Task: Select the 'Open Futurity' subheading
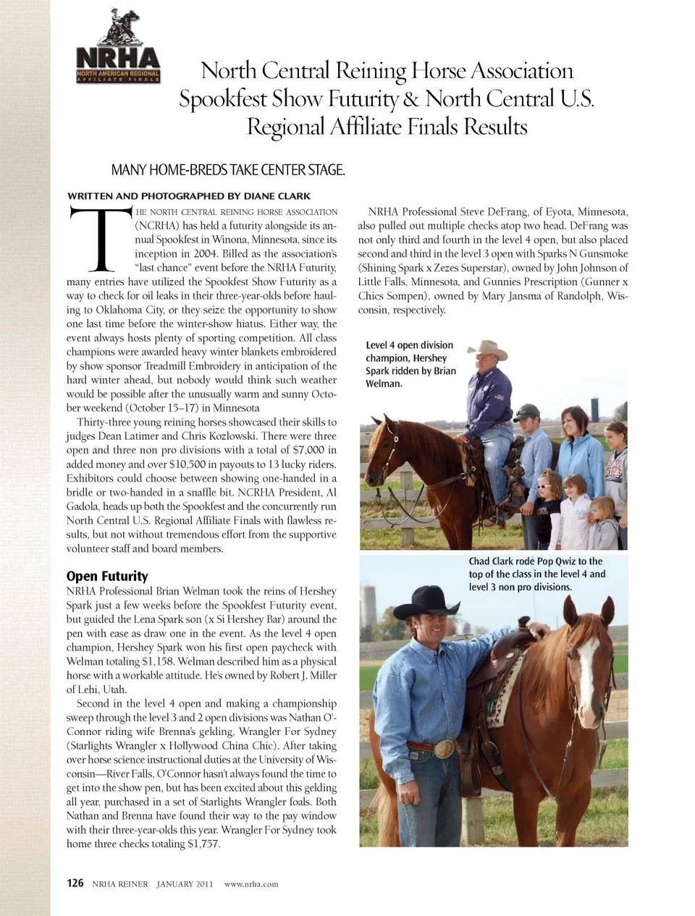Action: pos(107,576)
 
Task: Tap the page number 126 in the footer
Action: pos(75,883)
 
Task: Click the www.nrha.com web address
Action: pos(251,883)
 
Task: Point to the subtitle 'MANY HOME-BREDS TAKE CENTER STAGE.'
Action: pos(227,171)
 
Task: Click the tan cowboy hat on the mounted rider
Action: pos(486,349)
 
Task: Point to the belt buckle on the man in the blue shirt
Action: pos(444,750)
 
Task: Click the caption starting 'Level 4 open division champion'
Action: pos(411,364)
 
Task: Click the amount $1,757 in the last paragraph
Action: pos(203,844)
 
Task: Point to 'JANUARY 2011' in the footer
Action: pos(185,883)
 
